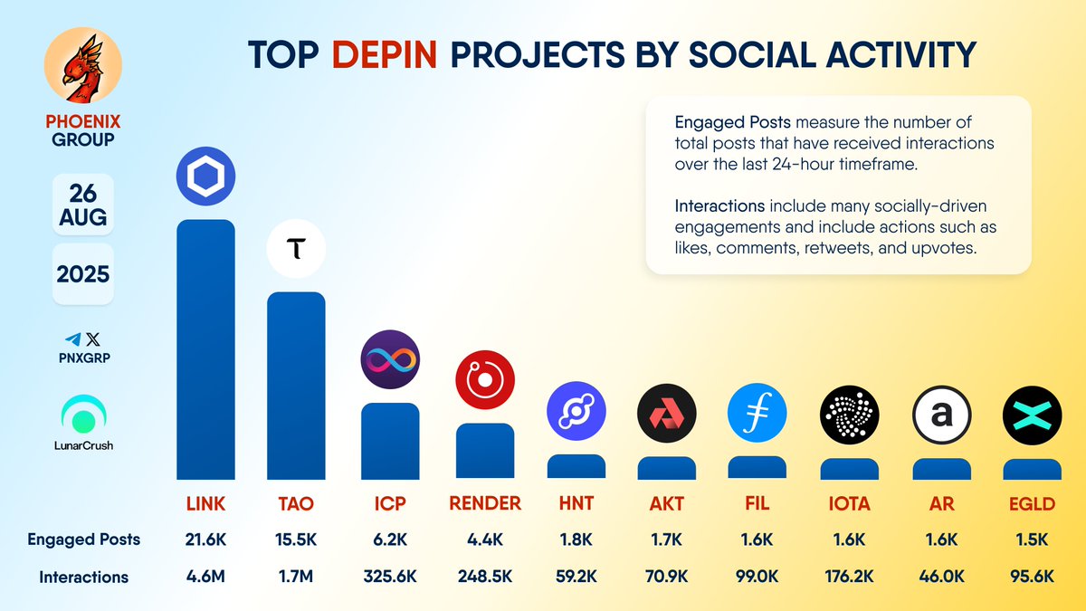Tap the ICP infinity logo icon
390,360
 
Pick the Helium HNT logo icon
576,414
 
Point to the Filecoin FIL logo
757,414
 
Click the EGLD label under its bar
1032,503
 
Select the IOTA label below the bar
849,503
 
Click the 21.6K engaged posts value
205,539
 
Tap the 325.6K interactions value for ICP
390,577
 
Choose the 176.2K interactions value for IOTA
849,577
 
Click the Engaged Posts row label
83,539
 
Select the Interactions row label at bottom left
83,577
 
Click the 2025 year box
83,273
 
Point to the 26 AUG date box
83,205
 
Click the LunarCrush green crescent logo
83,415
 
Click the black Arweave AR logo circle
941,414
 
